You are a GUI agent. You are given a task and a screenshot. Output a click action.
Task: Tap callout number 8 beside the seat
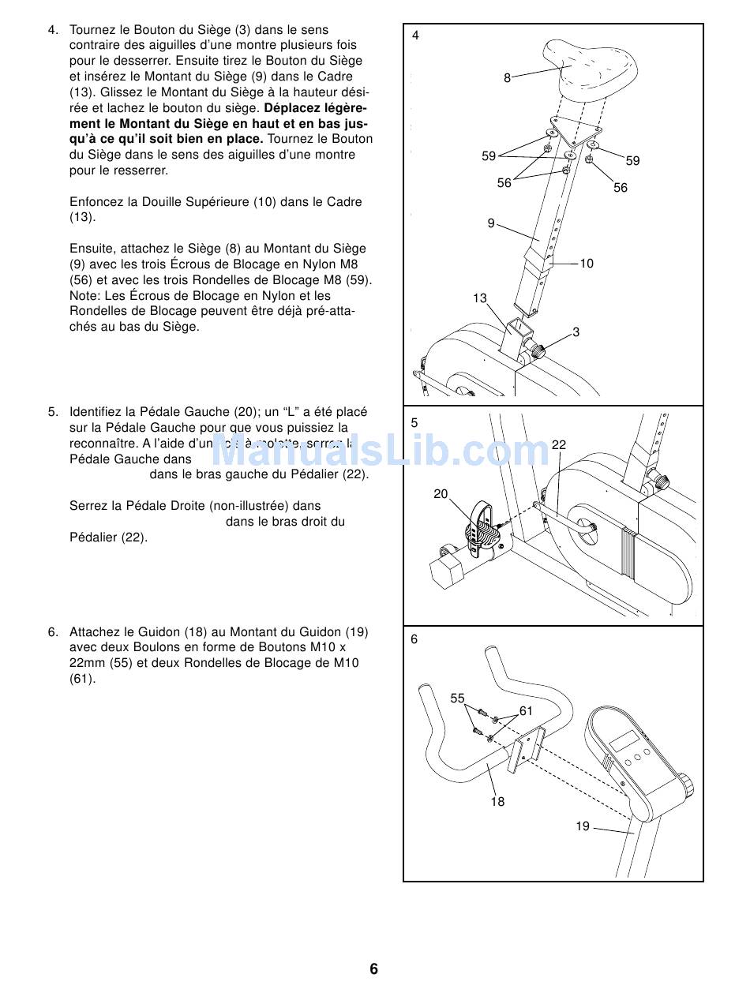coord(508,77)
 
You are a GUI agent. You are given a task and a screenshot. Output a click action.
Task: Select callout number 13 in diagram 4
coord(480,298)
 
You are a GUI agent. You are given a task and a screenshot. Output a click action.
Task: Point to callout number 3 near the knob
coord(576,332)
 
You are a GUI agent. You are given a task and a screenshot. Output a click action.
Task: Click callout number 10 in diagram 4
coord(587,264)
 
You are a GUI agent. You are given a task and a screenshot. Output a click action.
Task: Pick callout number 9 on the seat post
coord(491,223)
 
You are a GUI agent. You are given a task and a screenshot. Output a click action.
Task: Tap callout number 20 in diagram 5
coord(441,494)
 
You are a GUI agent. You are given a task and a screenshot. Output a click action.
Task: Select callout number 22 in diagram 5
coord(559,445)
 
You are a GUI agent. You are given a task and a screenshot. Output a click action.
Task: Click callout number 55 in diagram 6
coord(458,698)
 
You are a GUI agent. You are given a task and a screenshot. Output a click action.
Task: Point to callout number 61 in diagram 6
coord(526,711)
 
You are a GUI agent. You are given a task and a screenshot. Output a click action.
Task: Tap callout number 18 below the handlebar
coord(497,802)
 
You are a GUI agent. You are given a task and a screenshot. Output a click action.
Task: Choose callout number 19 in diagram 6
coord(583,826)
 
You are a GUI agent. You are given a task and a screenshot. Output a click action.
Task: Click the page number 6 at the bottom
coord(374,969)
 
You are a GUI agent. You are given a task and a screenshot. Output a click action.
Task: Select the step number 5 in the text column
coord(52,411)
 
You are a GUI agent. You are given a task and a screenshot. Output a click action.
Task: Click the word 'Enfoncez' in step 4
coord(94,202)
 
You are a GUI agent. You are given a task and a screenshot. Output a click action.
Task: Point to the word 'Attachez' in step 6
coord(94,632)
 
